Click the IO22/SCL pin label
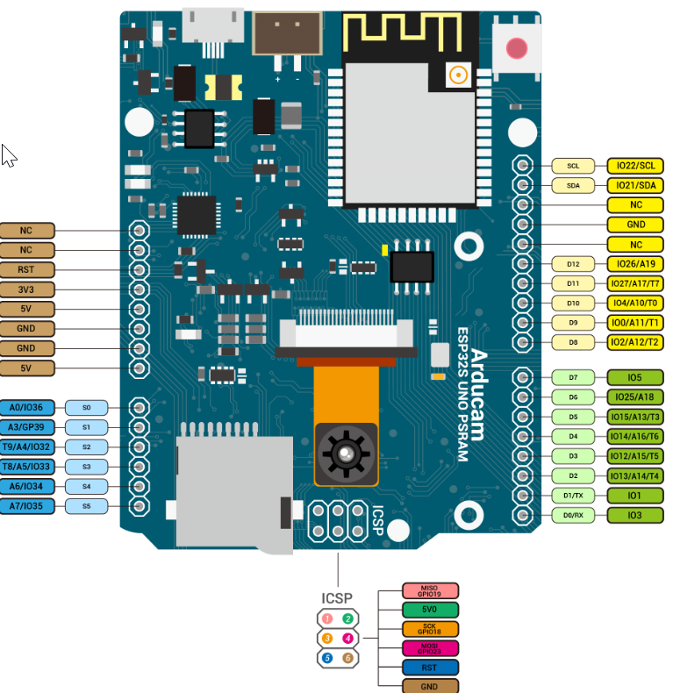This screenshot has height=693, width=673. tap(635, 166)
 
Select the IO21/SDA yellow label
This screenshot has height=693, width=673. tap(635, 185)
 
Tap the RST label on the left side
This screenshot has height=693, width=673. tap(26, 269)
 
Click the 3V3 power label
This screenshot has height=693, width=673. tap(26, 289)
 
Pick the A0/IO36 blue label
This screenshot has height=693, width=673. tap(27, 408)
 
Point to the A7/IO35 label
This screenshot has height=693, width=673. tap(27, 506)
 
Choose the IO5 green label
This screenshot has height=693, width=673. tap(635, 377)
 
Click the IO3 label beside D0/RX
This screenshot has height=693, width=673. tap(635, 515)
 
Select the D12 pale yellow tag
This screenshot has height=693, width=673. tap(573, 263)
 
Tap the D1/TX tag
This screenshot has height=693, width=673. tap(573, 496)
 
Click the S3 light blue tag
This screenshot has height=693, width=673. tap(86, 467)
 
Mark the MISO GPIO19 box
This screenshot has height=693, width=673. tap(429, 591)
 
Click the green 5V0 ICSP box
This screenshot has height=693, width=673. tap(429, 610)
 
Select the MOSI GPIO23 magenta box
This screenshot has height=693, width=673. tap(429, 648)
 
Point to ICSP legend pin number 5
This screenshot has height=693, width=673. tap(326, 657)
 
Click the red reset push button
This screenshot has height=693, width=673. tap(517, 47)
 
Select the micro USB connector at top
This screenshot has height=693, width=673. tap(212, 25)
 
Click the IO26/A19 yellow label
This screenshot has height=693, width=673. tap(635, 263)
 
